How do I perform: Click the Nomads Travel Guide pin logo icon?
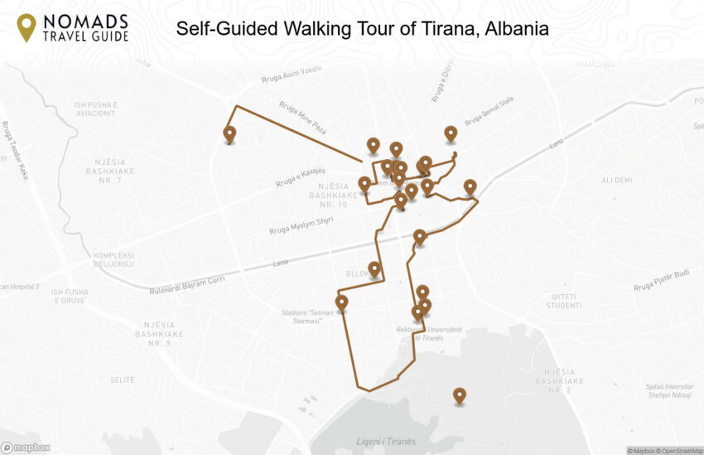coord(27,27)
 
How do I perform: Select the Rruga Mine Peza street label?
coord(302,119)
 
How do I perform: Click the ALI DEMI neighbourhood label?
coord(616,180)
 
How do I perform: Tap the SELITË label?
coord(122,379)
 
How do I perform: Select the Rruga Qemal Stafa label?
coord(489,110)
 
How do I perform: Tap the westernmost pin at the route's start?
coord(229,133)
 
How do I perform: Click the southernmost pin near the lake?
coord(459,395)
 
